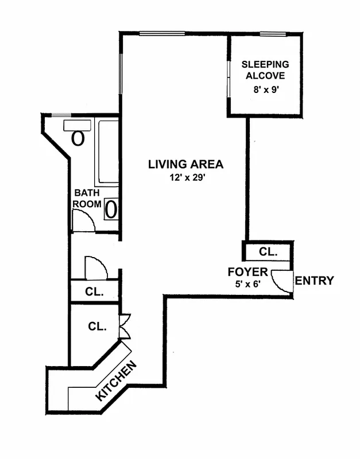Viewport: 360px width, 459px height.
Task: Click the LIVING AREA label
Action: [185, 164]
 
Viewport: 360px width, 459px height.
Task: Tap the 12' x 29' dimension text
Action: [186, 177]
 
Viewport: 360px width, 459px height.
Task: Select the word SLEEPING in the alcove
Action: [265, 64]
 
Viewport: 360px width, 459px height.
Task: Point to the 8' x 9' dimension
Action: [265, 90]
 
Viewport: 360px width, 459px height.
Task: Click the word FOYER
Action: [248, 272]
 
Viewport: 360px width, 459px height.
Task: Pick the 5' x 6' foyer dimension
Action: [248, 284]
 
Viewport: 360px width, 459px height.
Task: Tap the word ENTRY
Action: [314, 281]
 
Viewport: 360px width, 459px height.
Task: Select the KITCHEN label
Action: [117, 380]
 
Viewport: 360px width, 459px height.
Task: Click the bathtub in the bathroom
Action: [107, 151]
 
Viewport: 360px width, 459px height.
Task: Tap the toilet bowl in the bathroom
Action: [78, 138]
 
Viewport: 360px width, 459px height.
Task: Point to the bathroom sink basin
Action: [111, 209]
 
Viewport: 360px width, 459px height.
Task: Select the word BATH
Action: [87, 193]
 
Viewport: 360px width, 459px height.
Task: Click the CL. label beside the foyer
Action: [268, 252]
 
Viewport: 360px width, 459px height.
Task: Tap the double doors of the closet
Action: [125, 326]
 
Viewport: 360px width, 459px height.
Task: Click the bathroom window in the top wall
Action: [61, 115]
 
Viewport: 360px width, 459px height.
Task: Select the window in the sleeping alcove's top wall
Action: [273, 34]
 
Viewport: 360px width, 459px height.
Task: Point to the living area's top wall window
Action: [162, 33]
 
